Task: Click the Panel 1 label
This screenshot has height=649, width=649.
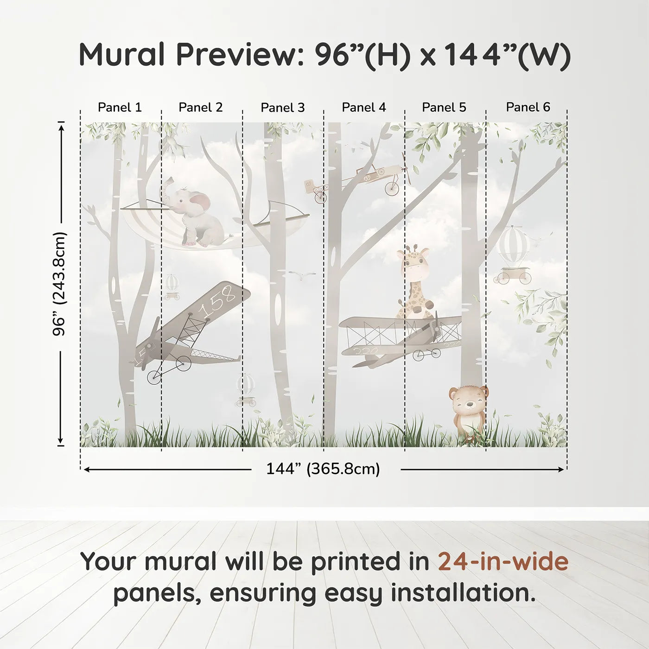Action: click(120, 108)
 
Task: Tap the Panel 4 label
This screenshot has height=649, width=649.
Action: click(363, 108)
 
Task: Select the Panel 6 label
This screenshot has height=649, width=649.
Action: click(528, 108)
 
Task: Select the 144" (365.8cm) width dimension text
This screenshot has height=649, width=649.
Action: click(323, 469)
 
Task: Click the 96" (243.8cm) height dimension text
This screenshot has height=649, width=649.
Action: click(59, 284)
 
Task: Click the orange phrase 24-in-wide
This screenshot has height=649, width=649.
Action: click(503, 561)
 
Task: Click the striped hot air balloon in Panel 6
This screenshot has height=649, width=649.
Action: click(513, 246)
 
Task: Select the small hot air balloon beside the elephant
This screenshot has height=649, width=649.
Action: click(172, 284)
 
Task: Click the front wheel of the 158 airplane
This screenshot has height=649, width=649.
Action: click(154, 376)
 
